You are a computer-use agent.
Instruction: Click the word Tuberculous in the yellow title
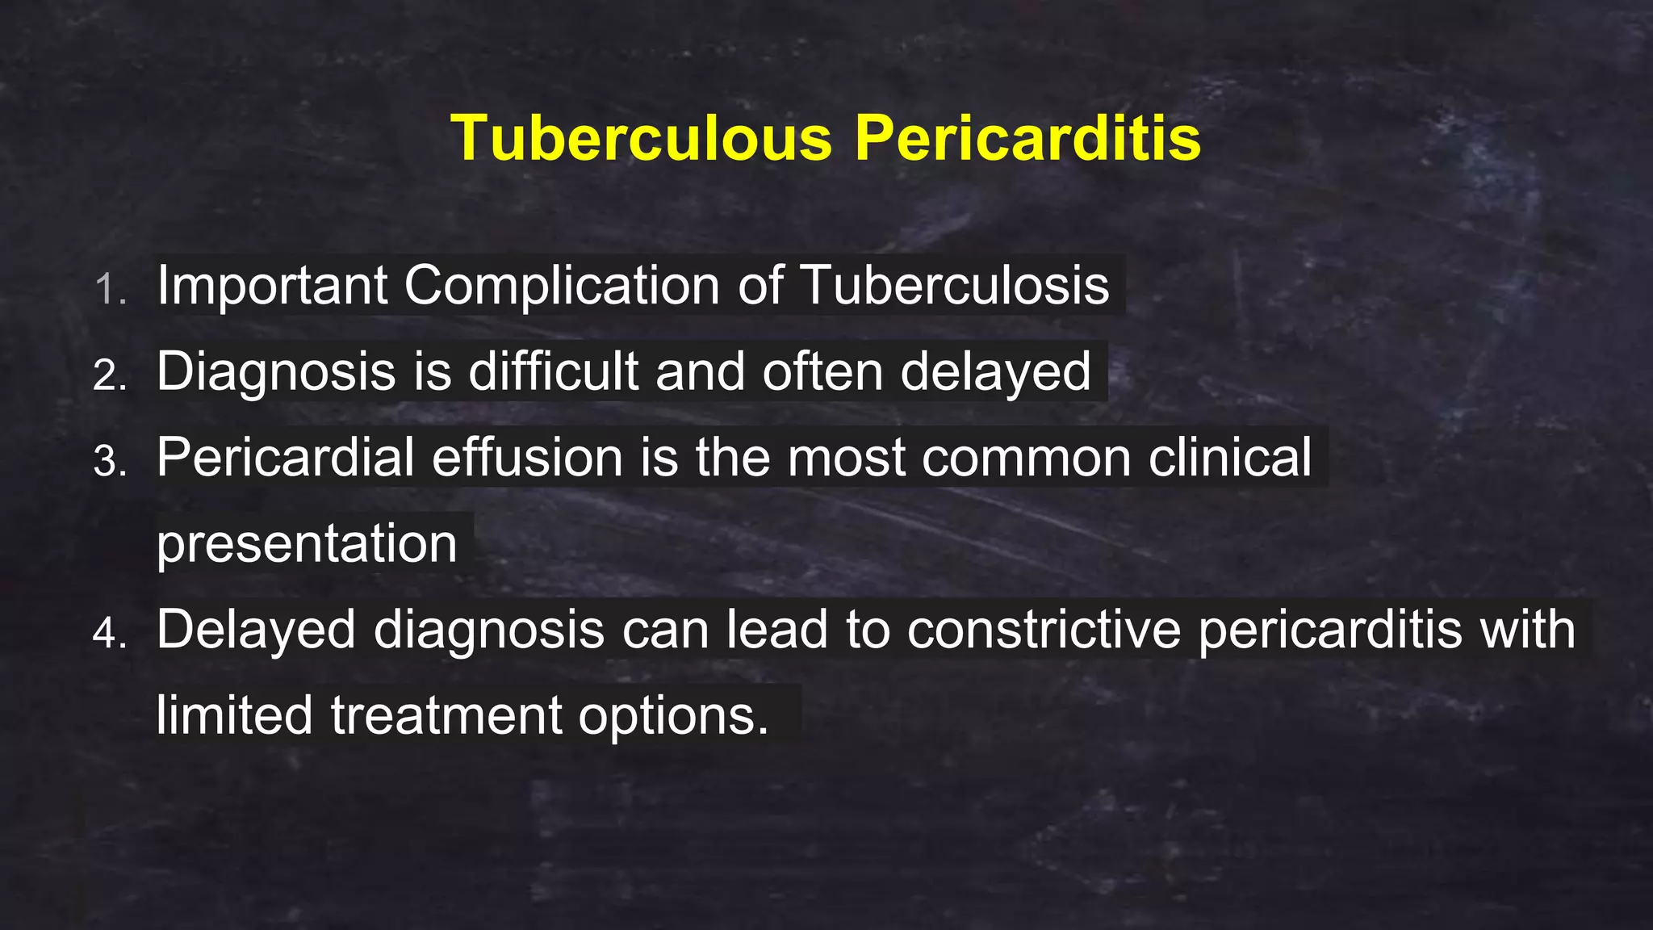click(641, 138)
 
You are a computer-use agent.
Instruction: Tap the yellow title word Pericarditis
click(1027, 138)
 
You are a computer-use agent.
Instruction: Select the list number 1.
click(110, 290)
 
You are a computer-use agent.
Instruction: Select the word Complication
click(562, 285)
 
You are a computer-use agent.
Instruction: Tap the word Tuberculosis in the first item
click(955, 285)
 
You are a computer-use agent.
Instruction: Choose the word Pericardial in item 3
click(285, 458)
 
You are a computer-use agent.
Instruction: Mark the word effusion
click(527, 458)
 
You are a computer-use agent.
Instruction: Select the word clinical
click(1230, 458)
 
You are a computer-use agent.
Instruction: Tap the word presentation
click(307, 545)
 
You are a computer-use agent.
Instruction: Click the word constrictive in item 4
click(1044, 630)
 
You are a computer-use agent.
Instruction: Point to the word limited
click(234, 715)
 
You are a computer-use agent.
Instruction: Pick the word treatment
click(446, 715)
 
